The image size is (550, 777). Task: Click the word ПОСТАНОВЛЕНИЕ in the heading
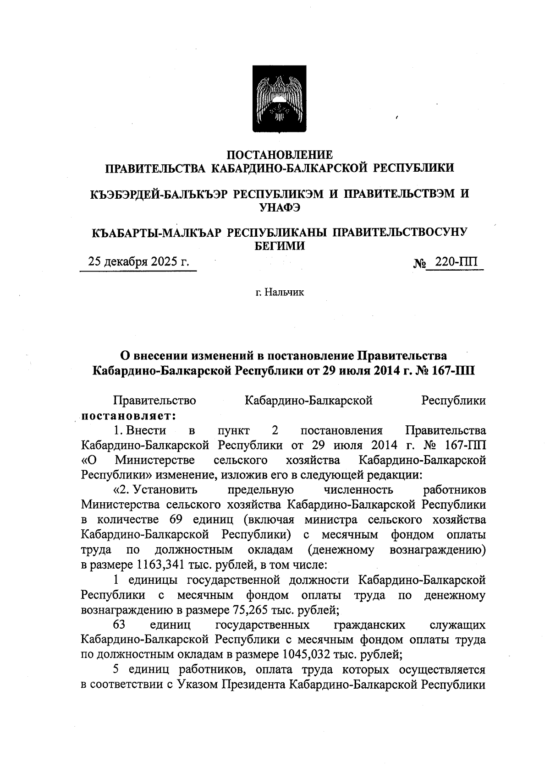pos(280,155)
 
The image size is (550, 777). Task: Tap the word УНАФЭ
pos(280,207)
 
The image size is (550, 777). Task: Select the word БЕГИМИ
pos(280,246)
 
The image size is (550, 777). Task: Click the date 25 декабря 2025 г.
pos(138,262)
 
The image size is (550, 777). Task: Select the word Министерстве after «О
pos(155,460)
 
